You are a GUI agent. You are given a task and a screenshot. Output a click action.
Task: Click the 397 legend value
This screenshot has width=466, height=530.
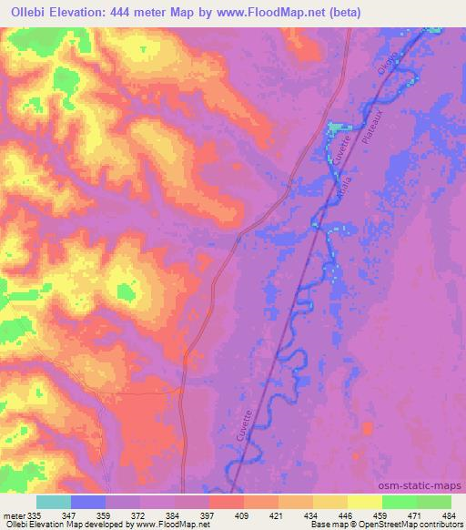pos(208,515)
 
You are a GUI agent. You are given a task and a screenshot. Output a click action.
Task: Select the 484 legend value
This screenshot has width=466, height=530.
pos(451,515)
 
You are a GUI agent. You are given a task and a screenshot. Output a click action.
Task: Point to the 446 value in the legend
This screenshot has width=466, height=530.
pos(347,515)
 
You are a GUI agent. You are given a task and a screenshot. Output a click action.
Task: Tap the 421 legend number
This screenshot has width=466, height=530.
pos(278,515)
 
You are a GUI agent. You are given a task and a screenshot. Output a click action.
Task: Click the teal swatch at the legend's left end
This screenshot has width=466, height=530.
pos(53,502)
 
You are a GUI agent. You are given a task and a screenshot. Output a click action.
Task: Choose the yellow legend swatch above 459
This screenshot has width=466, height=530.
pos(364,502)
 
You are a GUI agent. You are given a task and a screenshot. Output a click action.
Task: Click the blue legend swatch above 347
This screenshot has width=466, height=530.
pos(87,502)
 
